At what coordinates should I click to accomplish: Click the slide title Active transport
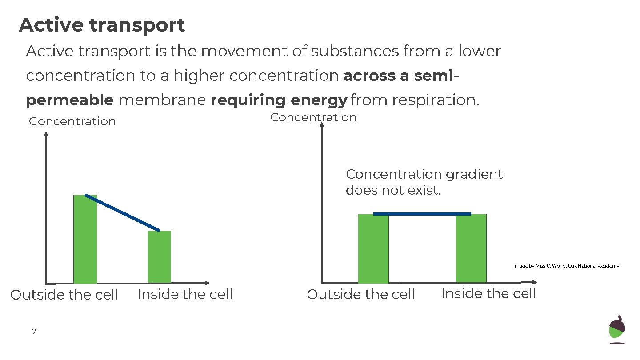pos(102,25)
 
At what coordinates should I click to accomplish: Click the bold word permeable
pos(70,100)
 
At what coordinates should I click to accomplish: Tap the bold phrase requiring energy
pos(278,100)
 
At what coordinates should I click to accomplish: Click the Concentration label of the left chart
pos(72,121)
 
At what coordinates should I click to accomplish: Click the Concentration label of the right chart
pos(313,117)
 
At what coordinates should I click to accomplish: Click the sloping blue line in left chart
pos(122,212)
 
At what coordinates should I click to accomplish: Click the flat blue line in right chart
pos(422,214)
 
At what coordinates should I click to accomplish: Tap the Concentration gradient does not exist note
pos(424,182)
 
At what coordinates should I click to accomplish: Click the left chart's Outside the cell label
pos(64,295)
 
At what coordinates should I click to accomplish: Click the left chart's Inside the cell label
pos(185,294)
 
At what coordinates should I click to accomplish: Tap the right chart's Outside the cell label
pos(361,294)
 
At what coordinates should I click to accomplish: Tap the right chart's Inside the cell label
pos(488,293)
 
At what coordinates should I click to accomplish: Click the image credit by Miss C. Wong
pos(566,266)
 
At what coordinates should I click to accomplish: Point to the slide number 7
pos(34,332)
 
